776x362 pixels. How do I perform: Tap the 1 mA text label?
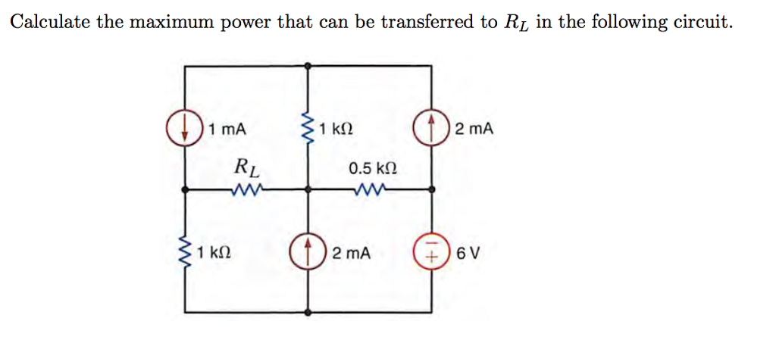pyautogui.click(x=228, y=129)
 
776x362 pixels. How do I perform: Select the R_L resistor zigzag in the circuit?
pyautogui.click(x=249, y=189)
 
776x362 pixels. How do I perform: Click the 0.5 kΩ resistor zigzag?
pyautogui.click(x=369, y=189)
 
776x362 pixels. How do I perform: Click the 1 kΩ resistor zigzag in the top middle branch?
pyautogui.click(x=308, y=127)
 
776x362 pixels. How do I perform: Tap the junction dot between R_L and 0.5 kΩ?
pyautogui.click(x=308, y=189)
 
